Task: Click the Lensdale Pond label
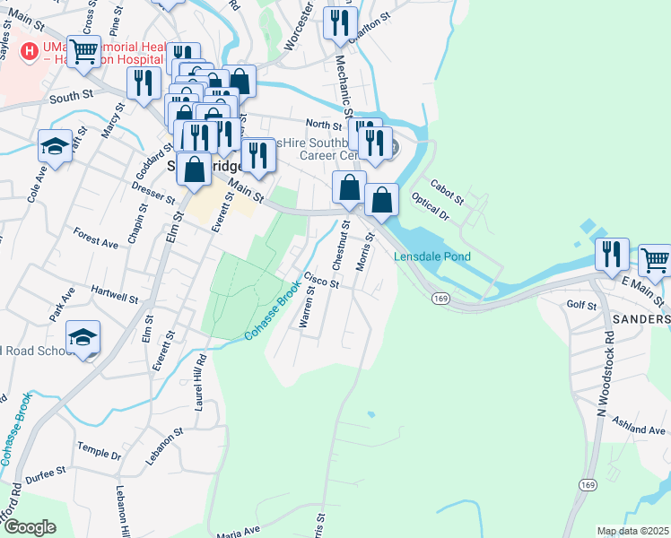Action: pos(432,256)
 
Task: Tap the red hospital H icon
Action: pos(30,51)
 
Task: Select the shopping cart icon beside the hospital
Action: pos(83,52)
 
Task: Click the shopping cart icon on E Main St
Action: pos(656,261)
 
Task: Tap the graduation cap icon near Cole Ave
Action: pos(55,146)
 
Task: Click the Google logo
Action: pos(30,527)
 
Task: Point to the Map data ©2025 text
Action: pos(632,531)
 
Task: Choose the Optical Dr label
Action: pos(431,205)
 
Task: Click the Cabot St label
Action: pos(446,190)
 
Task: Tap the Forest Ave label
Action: pos(96,238)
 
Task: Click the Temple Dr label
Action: pos(99,449)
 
